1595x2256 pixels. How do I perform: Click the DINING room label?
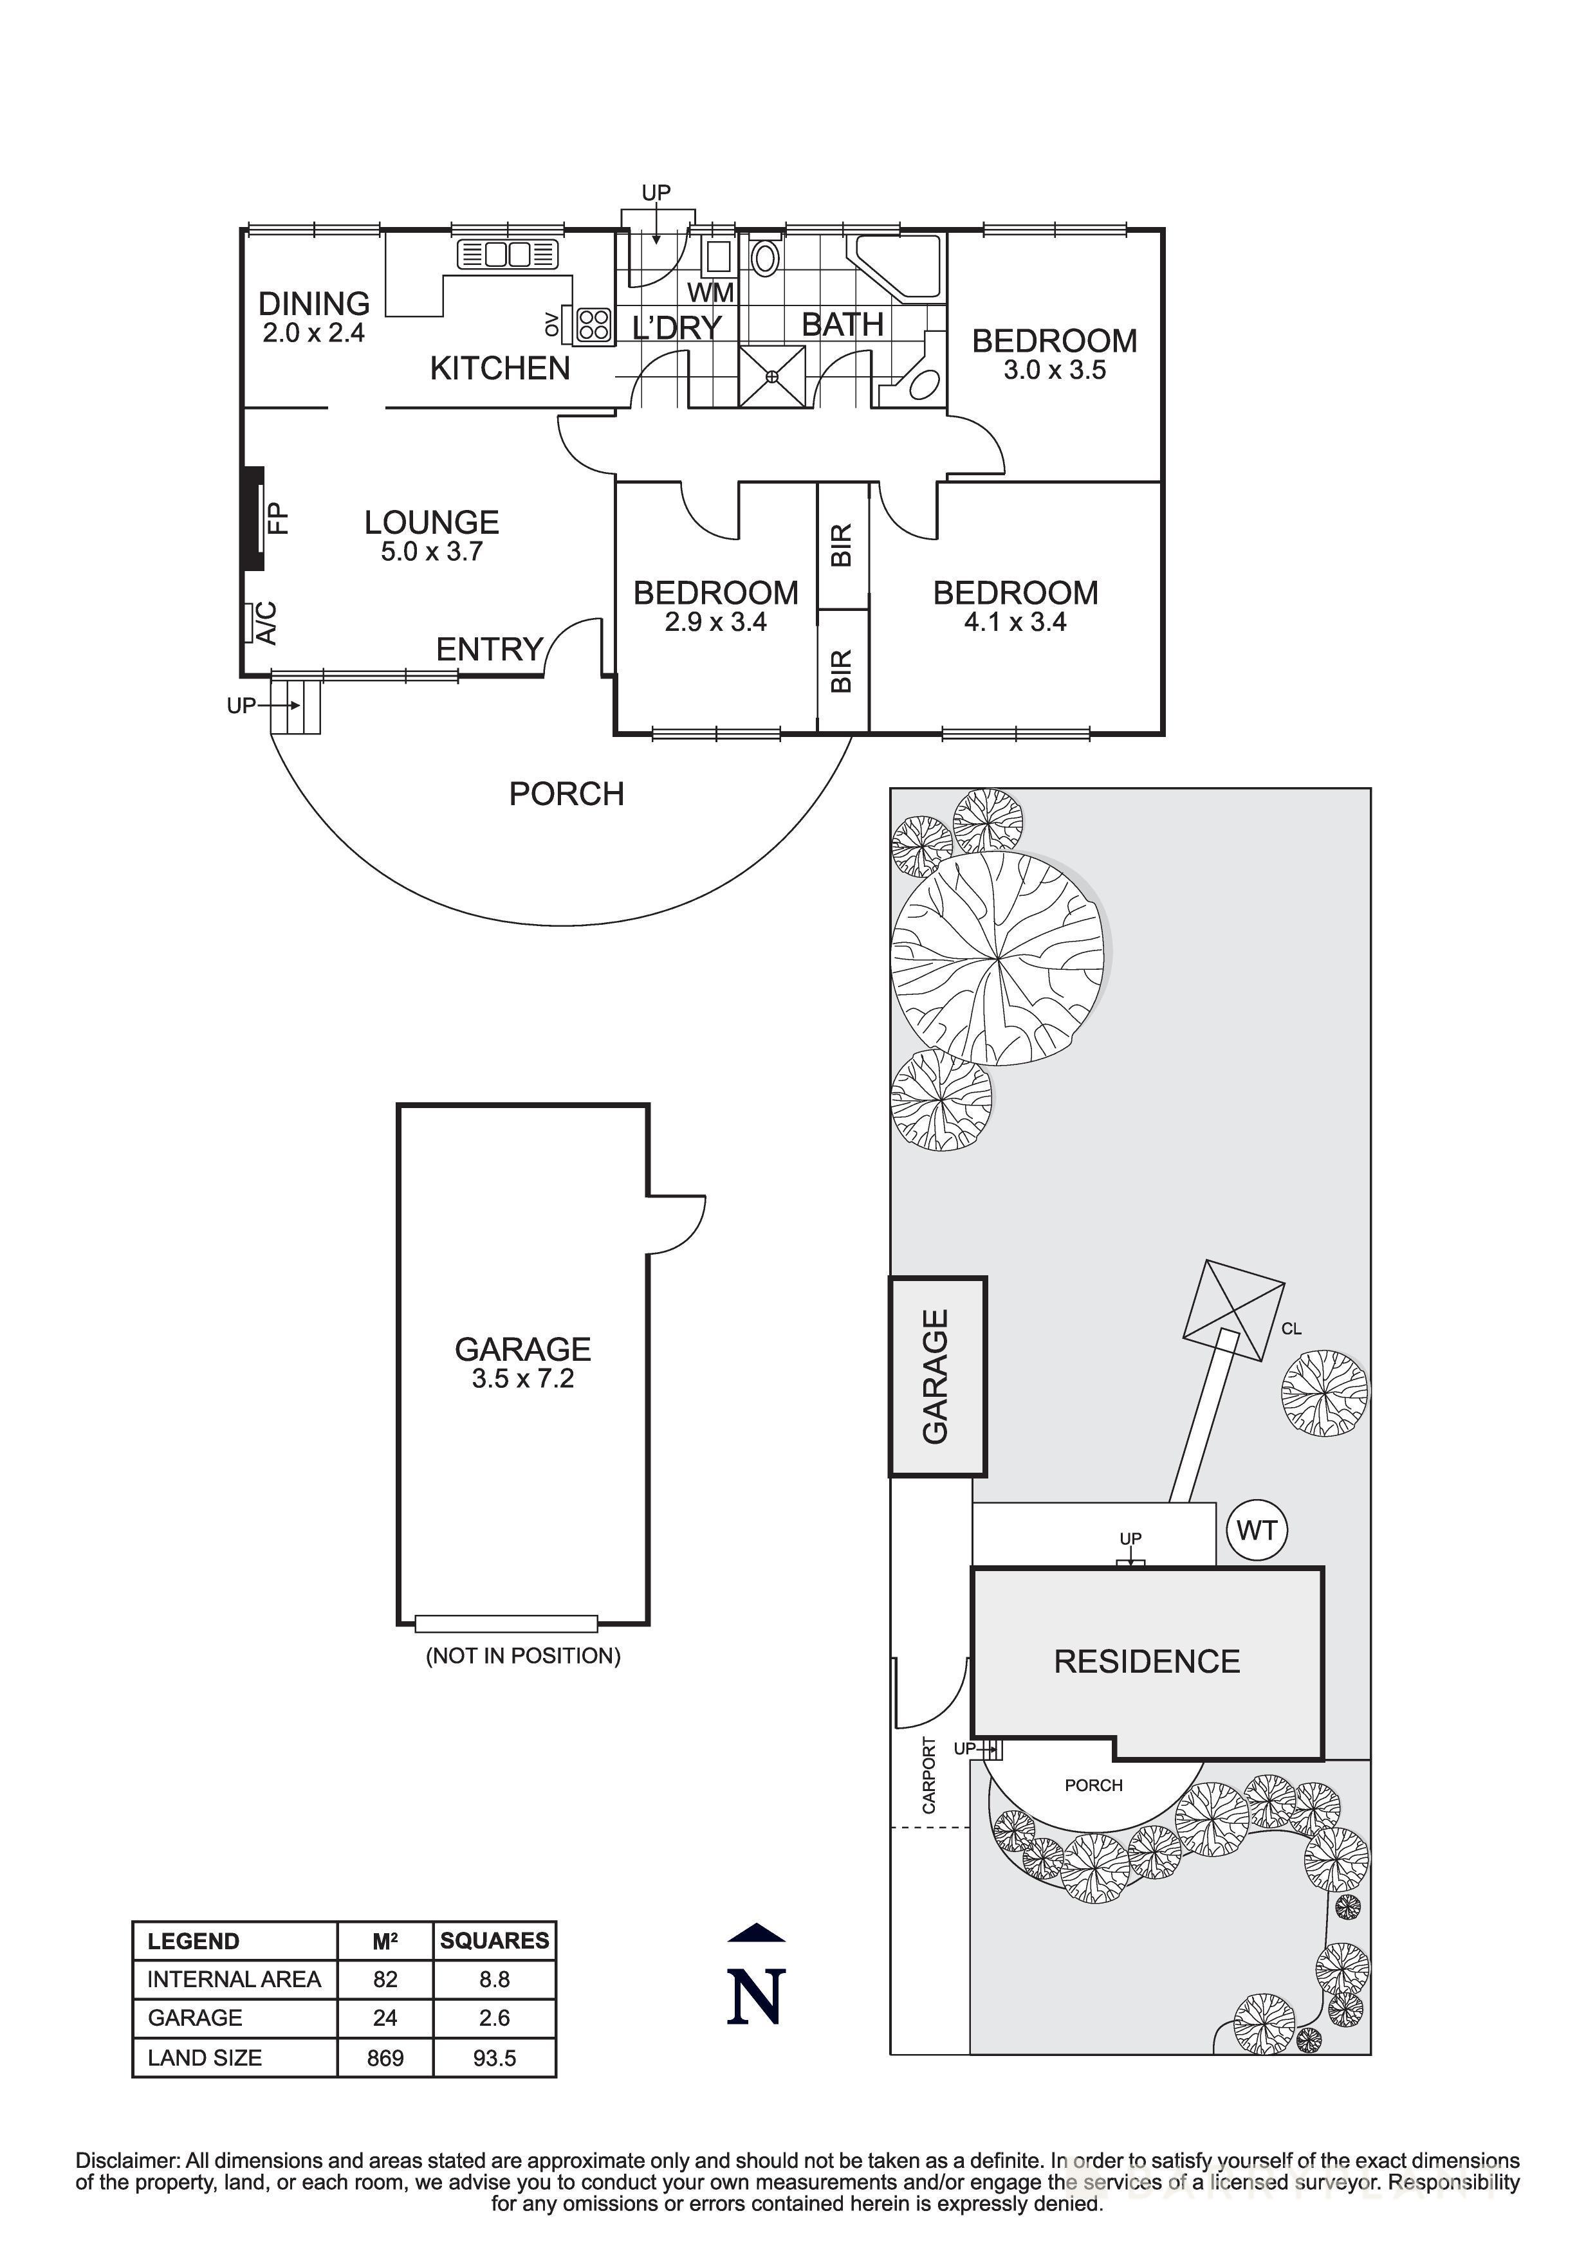click(x=313, y=303)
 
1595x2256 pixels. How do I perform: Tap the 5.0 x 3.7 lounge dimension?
click(x=432, y=552)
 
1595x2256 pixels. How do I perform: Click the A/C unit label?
click(x=265, y=623)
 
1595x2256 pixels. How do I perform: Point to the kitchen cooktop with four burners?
click(x=593, y=325)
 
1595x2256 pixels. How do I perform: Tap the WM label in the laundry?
click(x=710, y=293)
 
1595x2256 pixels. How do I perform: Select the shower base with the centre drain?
click(x=771, y=376)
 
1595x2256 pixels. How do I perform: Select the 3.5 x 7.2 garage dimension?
click(x=523, y=1379)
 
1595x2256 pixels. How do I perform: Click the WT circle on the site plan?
click(x=1257, y=1530)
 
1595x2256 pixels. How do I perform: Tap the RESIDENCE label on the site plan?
click(x=1147, y=1662)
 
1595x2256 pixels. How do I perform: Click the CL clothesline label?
click(x=1291, y=1329)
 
